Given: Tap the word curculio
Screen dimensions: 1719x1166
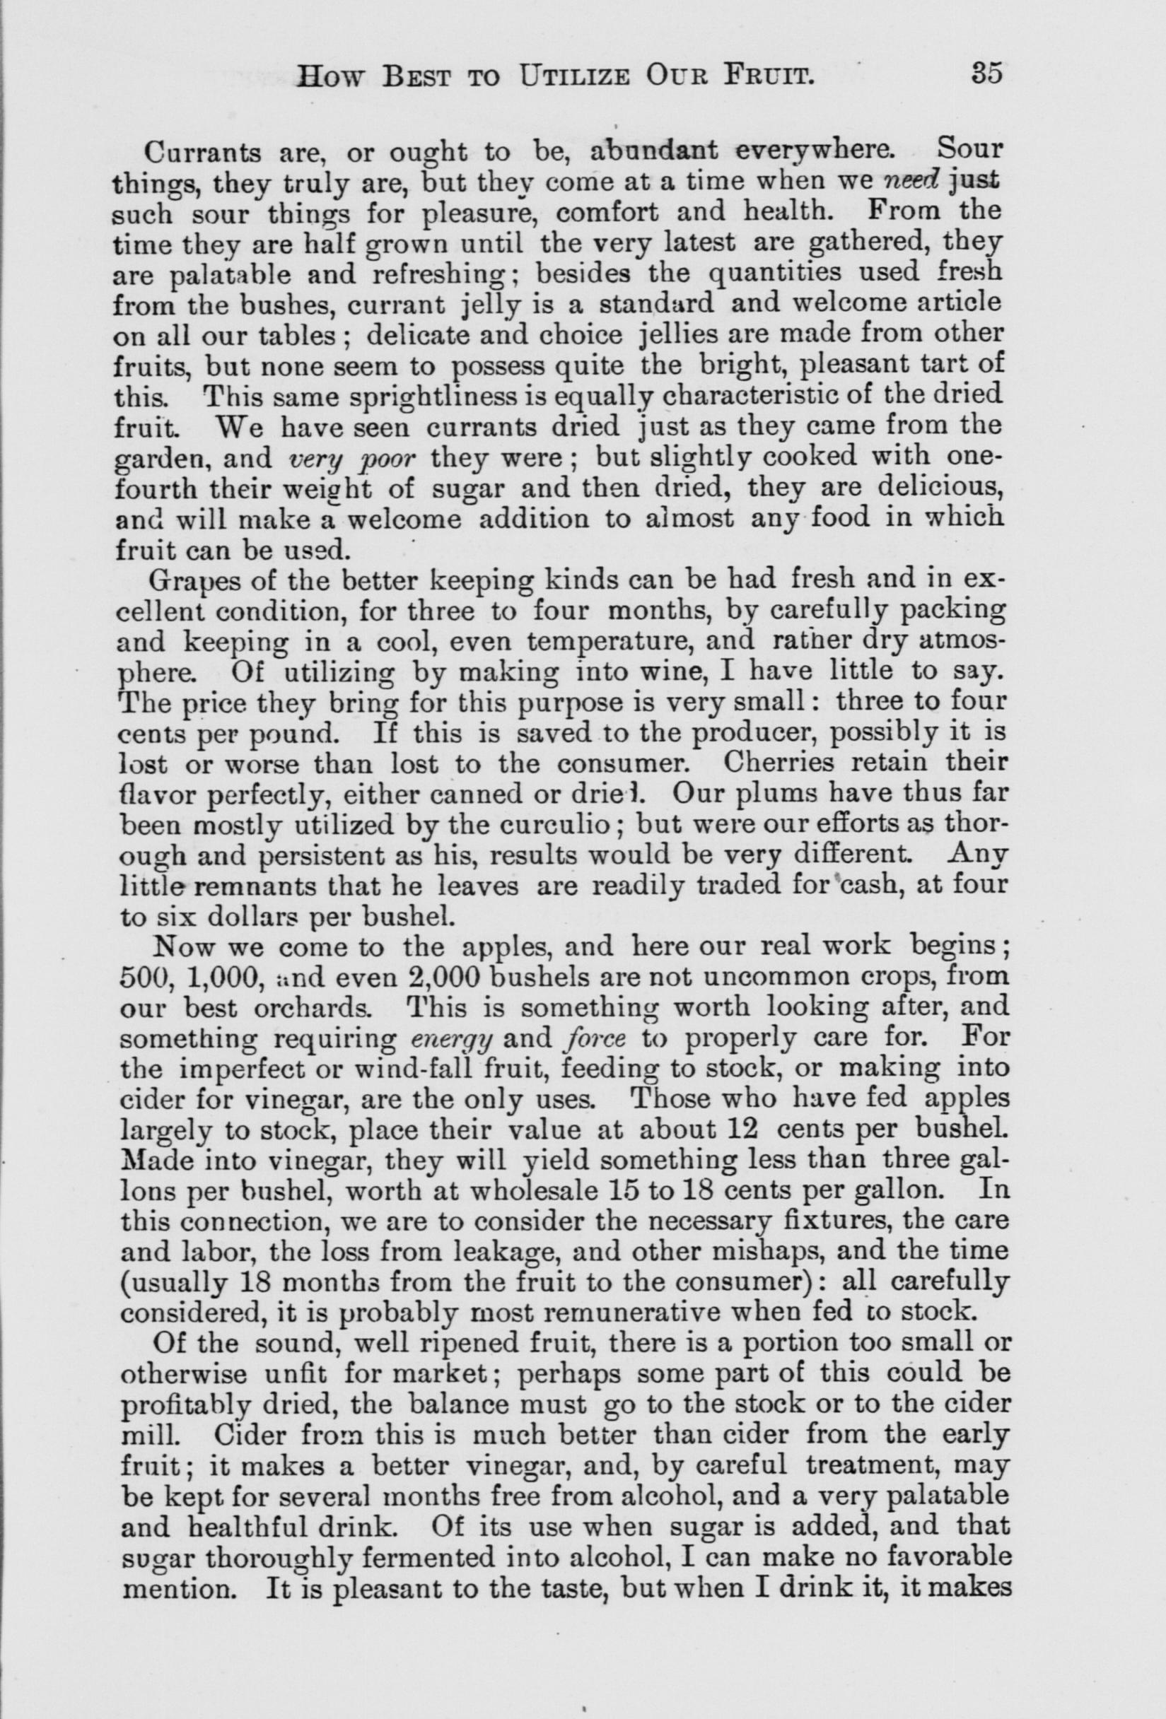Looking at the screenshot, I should (x=564, y=823).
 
